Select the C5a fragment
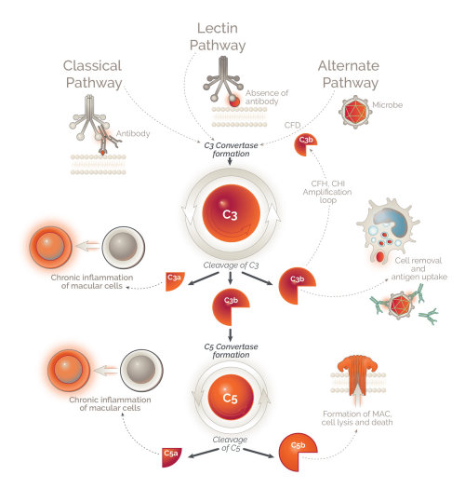(172, 455)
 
